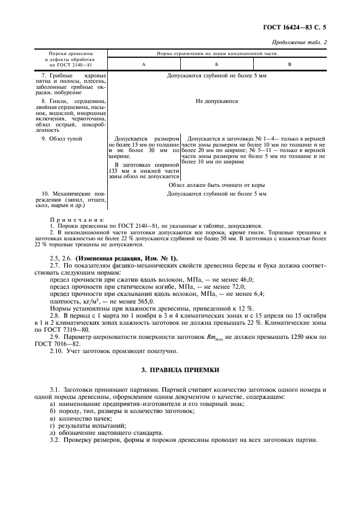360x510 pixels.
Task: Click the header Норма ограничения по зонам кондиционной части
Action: (x=217, y=54)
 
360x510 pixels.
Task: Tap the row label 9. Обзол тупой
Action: (x=62, y=139)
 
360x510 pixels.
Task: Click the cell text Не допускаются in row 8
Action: (x=217, y=101)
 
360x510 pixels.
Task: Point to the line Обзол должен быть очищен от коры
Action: (x=217, y=185)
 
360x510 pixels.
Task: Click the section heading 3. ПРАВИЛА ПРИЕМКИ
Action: (x=180, y=370)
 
